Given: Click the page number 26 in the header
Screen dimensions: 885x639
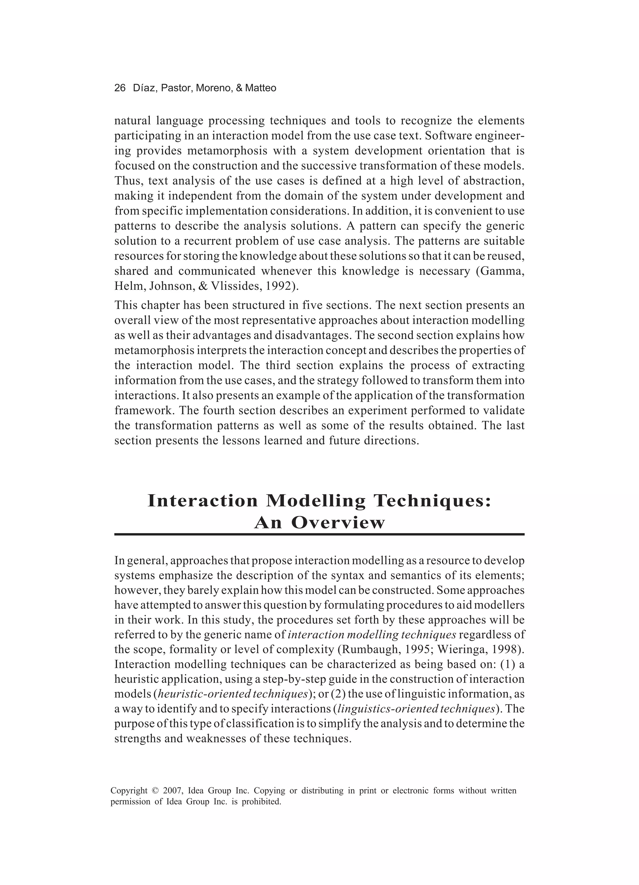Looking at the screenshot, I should click(120, 88).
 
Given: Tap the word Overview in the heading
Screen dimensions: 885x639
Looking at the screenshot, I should click(338, 523).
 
